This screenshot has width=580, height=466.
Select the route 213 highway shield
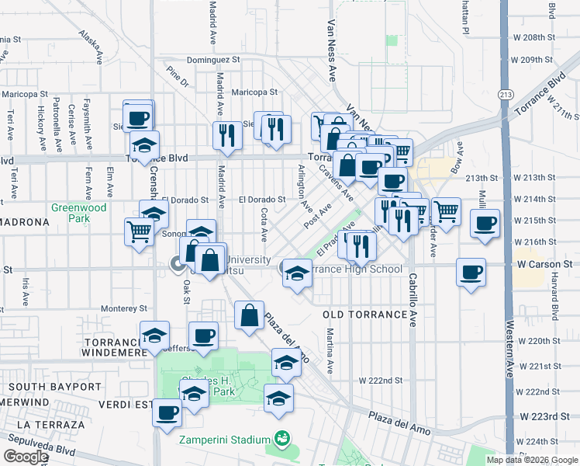click(506, 94)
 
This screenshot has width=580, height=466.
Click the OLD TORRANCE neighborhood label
click(364, 315)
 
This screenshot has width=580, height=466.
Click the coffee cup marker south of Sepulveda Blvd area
click(167, 412)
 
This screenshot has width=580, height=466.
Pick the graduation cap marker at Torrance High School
click(295, 273)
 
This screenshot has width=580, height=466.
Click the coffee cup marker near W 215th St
click(485, 223)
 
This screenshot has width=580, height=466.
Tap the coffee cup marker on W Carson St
click(471, 272)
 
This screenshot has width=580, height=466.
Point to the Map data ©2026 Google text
click(531, 460)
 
